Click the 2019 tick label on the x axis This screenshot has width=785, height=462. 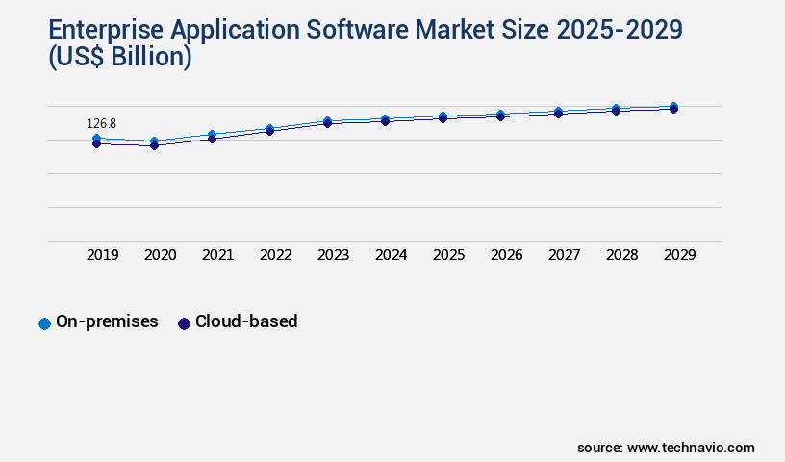tap(102, 255)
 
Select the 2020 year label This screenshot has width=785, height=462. tap(160, 255)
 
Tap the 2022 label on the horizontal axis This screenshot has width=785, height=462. tap(275, 255)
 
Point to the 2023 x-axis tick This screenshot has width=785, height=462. tap(333, 255)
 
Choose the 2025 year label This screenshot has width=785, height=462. tap(448, 255)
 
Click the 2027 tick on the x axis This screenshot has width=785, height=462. tap(564, 255)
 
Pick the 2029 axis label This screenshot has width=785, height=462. tap(679, 255)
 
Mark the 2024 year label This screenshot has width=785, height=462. tap(391, 255)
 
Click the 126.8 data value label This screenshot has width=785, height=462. tap(101, 124)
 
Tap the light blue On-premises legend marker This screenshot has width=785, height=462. tap(44, 323)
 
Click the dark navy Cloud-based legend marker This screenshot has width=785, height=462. tap(184, 323)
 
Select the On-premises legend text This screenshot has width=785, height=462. tap(107, 322)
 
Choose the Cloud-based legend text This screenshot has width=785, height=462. tap(246, 322)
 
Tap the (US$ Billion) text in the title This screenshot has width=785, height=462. tap(119, 58)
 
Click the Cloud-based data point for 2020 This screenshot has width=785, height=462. tap(154, 145)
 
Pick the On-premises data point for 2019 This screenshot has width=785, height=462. tap(96, 139)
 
